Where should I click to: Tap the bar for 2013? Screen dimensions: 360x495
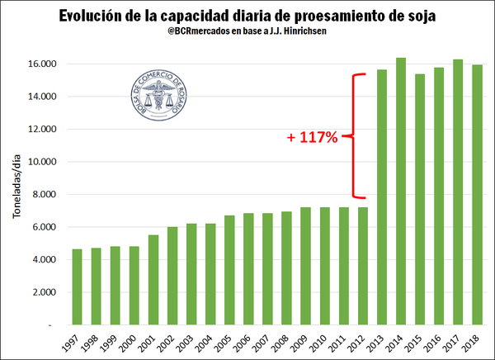[x=382, y=197]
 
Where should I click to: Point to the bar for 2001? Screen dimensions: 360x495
[x=153, y=280]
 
